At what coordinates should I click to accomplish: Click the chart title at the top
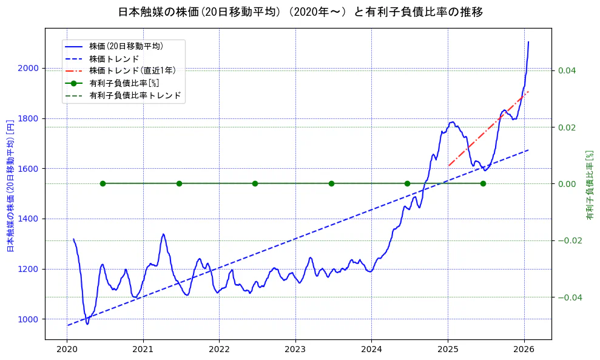(x=300, y=12)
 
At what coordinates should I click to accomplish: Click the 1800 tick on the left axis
(x=29, y=118)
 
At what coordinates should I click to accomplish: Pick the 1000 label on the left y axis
(x=29, y=319)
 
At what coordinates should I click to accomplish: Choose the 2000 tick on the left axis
(x=29, y=69)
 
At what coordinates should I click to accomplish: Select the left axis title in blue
(x=10, y=186)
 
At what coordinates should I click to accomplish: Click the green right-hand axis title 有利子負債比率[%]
(x=590, y=185)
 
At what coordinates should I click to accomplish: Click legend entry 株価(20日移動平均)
(x=126, y=46)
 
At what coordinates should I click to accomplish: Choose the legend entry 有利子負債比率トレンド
(x=135, y=95)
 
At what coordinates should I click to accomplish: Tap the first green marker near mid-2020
(x=103, y=183)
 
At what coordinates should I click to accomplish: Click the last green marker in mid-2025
(x=483, y=183)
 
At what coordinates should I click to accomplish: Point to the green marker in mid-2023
(x=331, y=183)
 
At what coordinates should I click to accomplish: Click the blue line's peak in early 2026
(x=528, y=42)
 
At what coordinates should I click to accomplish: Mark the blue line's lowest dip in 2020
(x=87, y=324)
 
